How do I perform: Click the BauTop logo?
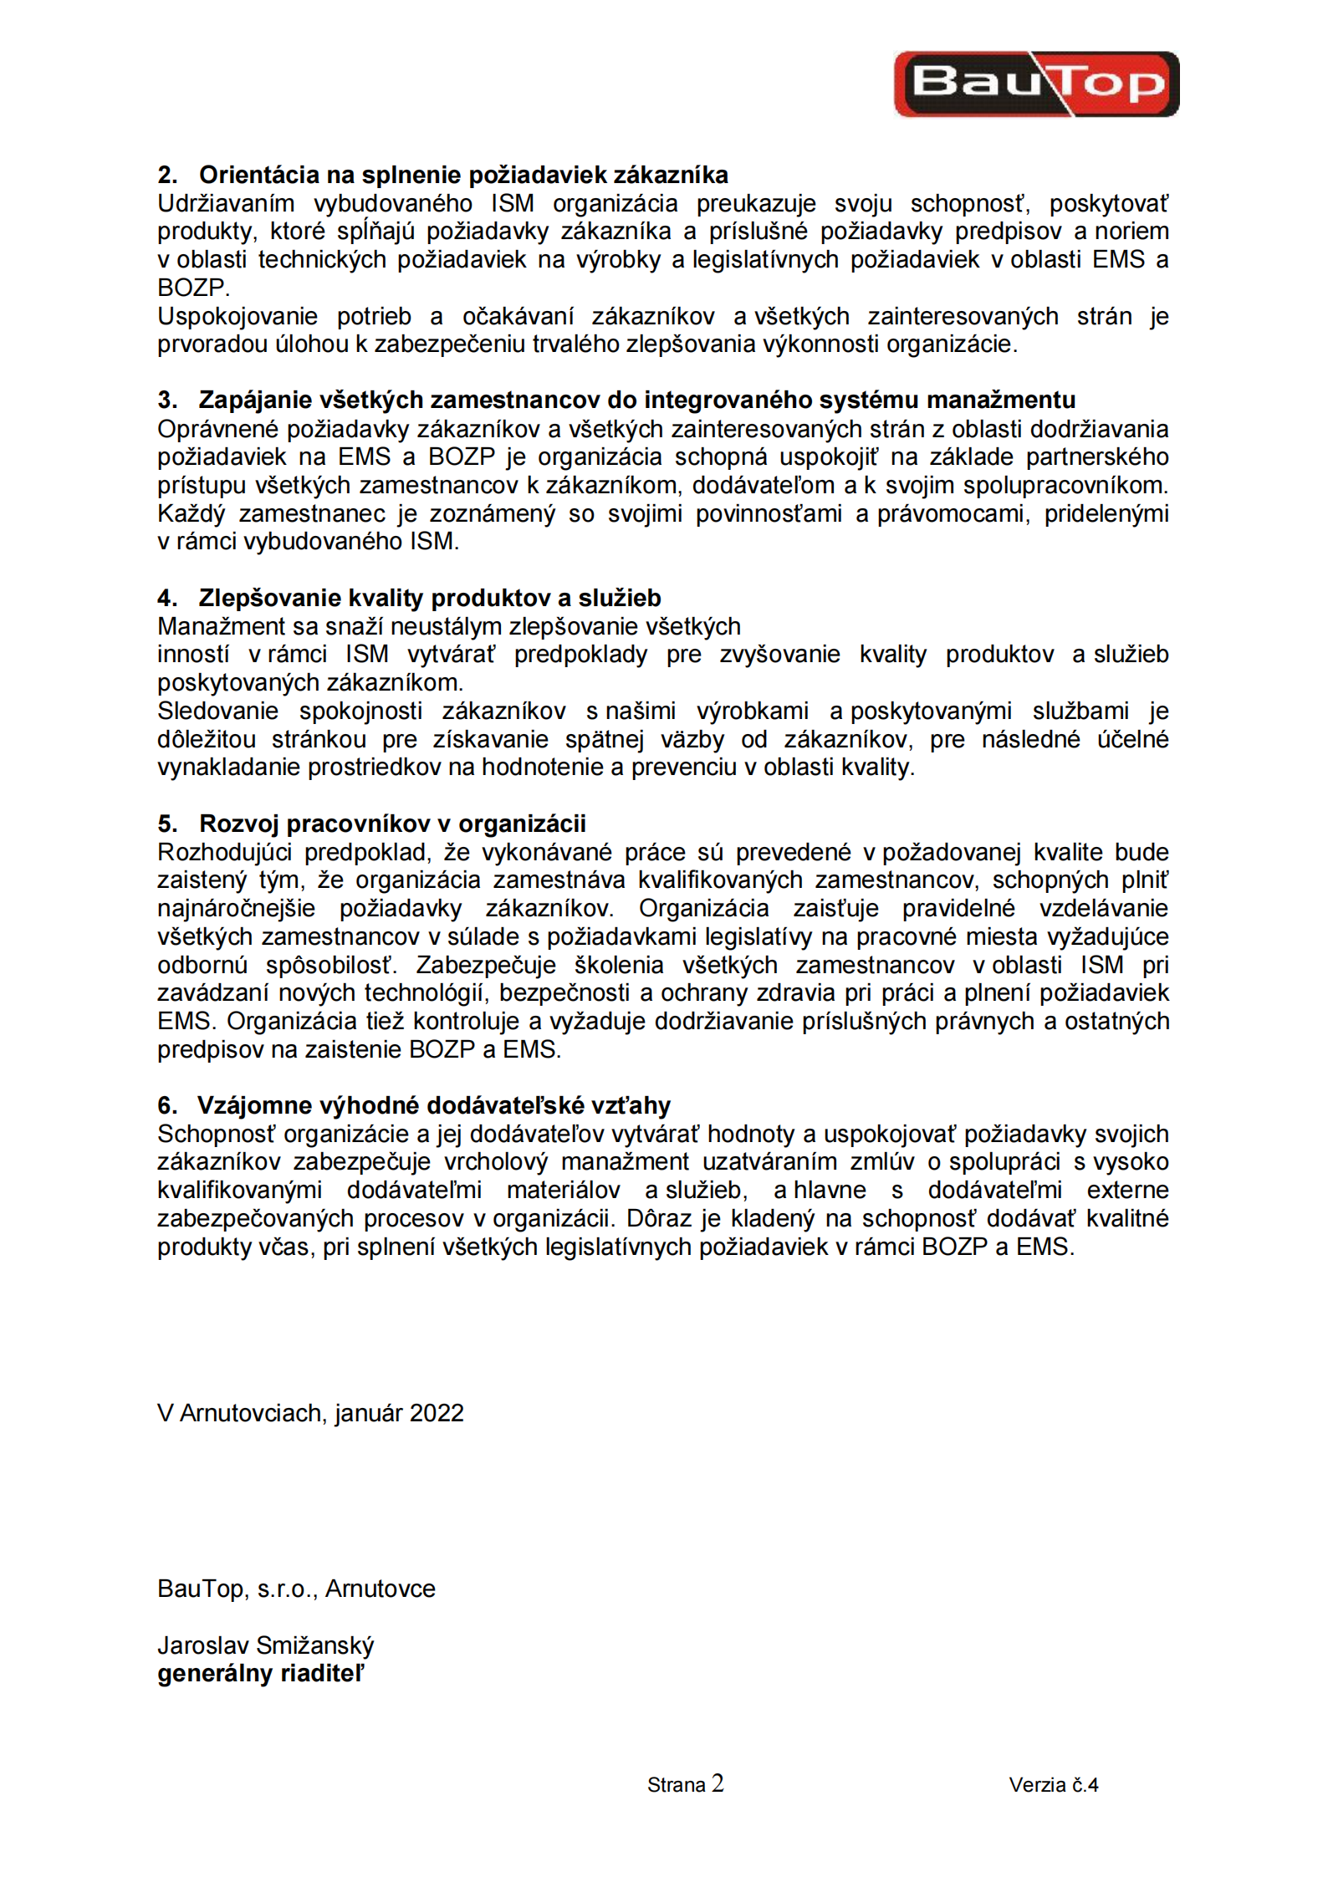(1036, 84)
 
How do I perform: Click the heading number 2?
(166, 175)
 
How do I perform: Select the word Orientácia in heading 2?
(260, 175)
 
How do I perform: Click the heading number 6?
(166, 1105)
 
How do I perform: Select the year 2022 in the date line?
(437, 1413)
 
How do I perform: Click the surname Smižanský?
(315, 1645)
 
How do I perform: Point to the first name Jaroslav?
(203, 1645)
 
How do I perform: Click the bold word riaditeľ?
(322, 1674)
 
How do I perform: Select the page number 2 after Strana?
(718, 1783)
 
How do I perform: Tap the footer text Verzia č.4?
(1053, 1785)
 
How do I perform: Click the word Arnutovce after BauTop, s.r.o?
(381, 1589)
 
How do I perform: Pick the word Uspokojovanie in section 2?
(238, 316)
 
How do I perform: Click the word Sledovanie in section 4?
(217, 711)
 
